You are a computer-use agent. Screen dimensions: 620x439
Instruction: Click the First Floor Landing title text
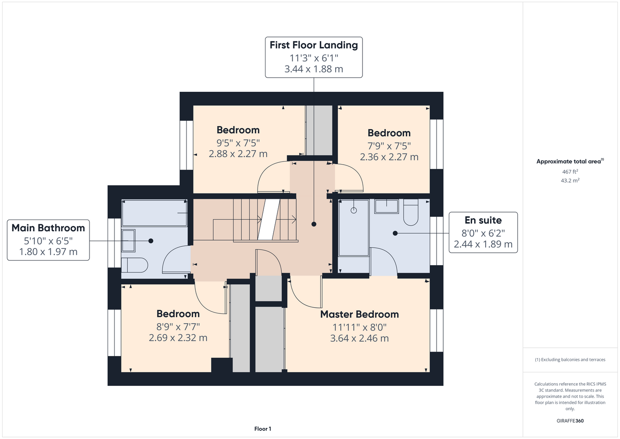(314, 45)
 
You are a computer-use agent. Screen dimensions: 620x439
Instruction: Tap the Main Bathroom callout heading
(48, 228)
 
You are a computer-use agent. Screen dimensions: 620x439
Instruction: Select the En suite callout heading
(483, 220)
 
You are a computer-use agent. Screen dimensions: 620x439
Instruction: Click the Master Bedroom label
(359, 314)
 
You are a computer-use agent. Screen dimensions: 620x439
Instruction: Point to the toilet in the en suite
(411, 212)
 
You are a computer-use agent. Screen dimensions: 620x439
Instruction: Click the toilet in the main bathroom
(135, 265)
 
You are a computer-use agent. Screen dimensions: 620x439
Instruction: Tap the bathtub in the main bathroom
(154, 213)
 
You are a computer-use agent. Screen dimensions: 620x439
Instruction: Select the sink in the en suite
(387, 206)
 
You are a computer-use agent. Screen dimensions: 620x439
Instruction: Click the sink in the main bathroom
(128, 241)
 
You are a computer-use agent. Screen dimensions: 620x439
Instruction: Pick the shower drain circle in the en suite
(354, 210)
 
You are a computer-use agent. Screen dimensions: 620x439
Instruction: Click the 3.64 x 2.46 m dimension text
(359, 338)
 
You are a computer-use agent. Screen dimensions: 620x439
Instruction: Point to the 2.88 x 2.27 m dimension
(238, 154)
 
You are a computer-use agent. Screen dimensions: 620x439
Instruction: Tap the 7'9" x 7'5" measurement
(389, 146)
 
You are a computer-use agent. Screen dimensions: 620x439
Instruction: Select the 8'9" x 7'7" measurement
(178, 327)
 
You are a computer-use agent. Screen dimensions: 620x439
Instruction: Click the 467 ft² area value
(570, 172)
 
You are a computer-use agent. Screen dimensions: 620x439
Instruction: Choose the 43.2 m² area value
(570, 180)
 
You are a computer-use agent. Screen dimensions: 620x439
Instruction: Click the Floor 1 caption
(263, 429)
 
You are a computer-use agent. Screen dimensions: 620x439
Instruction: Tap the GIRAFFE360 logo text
(570, 421)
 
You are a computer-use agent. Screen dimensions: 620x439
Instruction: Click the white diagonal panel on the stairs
(269, 219)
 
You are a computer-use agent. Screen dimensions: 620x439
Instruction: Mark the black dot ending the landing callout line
(314, 224)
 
